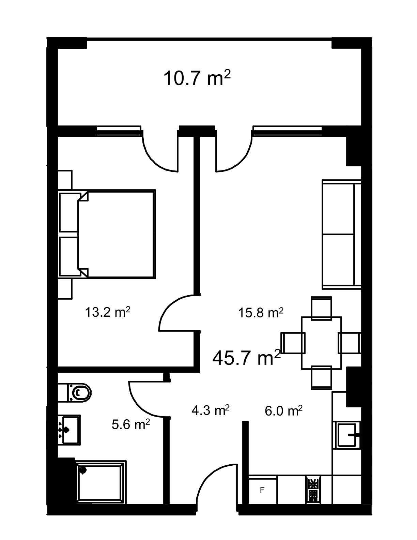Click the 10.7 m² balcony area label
(x=197, y=78)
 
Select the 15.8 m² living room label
(x=261, y=312)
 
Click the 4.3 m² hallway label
(x=210, y=410)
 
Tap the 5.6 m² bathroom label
(x=130, y=424)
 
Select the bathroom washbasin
(x=69, y=430)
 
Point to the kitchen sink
(x=347, y=435)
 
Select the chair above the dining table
(x=321, y=308)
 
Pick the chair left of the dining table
(x=293, y=343)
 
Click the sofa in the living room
(x=341, y=234)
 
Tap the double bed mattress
(x=117, y=234)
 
